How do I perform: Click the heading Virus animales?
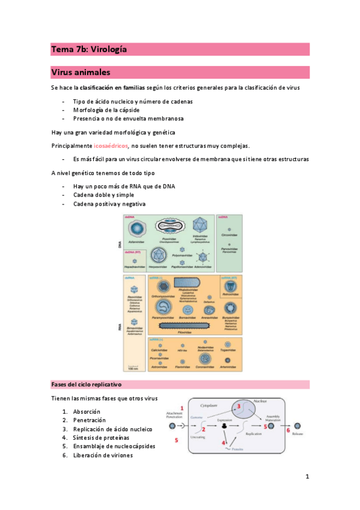click(x=81, y=73)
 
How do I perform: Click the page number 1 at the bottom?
click(x=307, y=477)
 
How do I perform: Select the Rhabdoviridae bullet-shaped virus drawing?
click(x=192, y=283)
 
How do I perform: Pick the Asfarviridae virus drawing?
click(x=138, y=229)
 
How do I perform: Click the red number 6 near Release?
click(x=288, y=430)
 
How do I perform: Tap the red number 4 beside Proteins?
click(x=224, y=444)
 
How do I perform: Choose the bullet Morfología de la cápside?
click(x=106, y=110)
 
